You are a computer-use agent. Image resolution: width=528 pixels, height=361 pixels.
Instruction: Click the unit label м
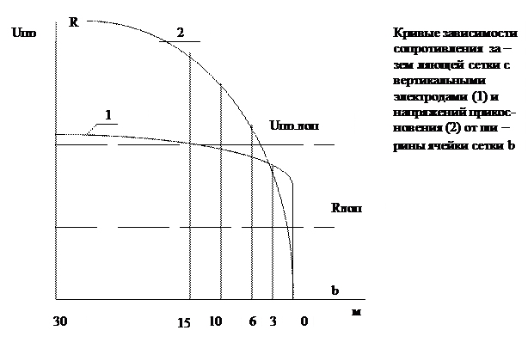355,310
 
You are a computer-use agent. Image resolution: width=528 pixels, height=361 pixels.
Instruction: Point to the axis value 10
216,321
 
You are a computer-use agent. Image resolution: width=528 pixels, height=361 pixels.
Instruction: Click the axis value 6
251,321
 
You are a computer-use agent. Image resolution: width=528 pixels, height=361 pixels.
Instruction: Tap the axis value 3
272,321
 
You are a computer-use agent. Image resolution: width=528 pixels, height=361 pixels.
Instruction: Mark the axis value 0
304,321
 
